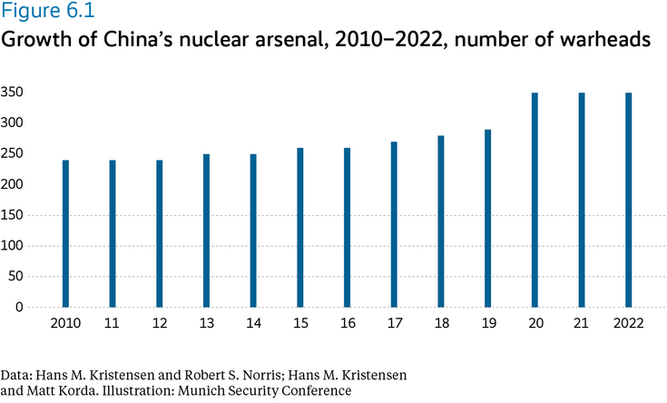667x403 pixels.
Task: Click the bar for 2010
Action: coord(65,234)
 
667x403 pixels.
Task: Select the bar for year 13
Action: coord(206,231)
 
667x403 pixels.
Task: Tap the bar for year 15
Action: coord(299,228)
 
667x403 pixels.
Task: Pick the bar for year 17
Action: coord(394,224)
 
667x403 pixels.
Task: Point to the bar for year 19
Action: coord(487,219)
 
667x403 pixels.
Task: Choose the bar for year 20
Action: coord(535,200)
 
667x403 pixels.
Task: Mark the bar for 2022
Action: coord(628,200)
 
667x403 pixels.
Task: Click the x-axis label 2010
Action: coord(65,323)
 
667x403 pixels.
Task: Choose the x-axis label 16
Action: coord(347,323)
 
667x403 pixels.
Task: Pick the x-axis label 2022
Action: coord(628,323)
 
